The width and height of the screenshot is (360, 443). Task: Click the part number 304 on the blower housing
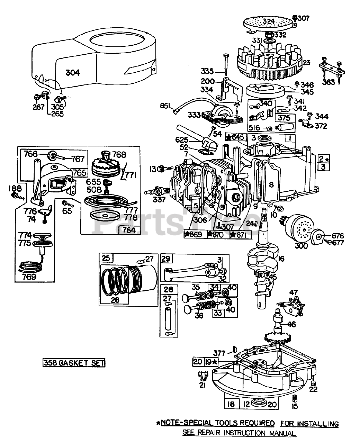pyautogui.click(x=73, y=72)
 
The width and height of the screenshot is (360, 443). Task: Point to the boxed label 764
pyautogui.click(x=129, y=230)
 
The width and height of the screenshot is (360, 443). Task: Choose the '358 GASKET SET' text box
pyautogui.click(x=73, y=363)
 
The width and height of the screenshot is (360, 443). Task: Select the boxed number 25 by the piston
pyautogui.click(x=106, y=258)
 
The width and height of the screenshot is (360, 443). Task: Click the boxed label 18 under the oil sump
pyautogui.click(x=231, y=404)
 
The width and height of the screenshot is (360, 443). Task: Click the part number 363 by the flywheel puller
pyautogui.click(x=328, y=82)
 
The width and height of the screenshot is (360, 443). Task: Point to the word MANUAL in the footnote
pyautogui.click(x=282, y=433)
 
